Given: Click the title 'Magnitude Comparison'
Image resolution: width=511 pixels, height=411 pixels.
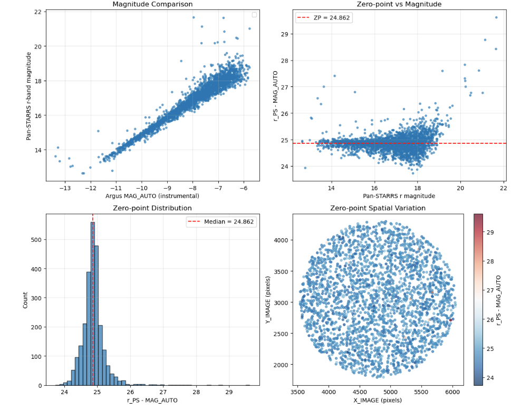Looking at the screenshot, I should pos(152,5).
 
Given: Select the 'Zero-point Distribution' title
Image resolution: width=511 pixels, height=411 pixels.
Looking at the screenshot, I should pos(152,208).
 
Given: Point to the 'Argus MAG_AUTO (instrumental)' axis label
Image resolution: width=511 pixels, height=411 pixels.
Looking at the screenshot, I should pos(152,196).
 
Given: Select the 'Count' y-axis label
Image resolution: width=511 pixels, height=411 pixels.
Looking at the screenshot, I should pos(26,299).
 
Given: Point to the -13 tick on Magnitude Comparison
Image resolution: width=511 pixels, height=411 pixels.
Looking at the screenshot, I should pos(65,188).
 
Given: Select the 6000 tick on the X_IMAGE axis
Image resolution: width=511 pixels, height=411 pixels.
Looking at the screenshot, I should pos(452,392).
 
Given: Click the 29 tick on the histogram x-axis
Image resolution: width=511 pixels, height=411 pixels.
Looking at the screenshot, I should pos(229,392).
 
